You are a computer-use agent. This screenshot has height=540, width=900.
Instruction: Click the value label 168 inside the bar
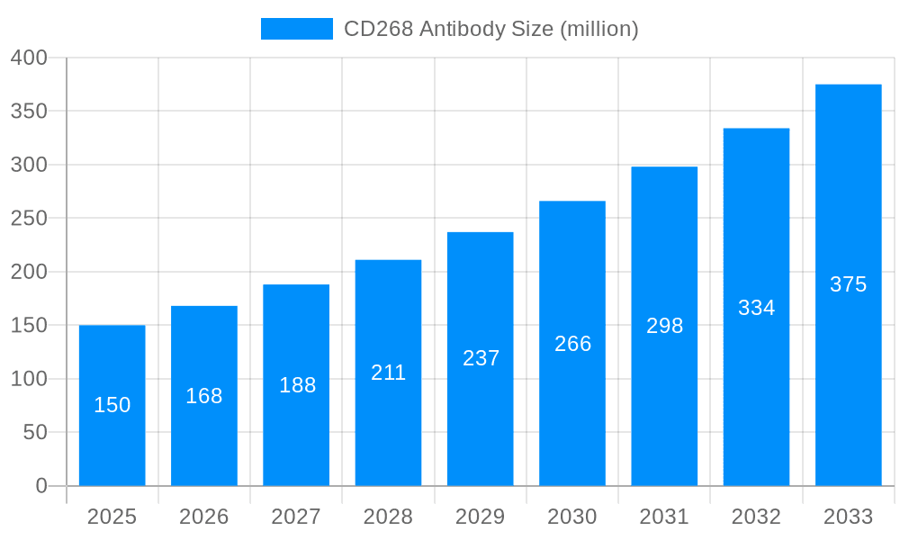pos(204,396)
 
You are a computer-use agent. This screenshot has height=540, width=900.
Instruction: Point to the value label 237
pos(481,358)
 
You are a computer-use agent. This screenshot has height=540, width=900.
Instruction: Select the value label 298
pos(664,326)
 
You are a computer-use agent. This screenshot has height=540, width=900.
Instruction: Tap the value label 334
pos(756,308)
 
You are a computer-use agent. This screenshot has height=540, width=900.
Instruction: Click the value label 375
pos(848,284)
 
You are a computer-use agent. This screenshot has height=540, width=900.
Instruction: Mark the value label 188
pos(297,385)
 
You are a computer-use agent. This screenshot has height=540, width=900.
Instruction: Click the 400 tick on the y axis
pos(29,58)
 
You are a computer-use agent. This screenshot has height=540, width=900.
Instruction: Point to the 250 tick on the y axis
pos(29,219)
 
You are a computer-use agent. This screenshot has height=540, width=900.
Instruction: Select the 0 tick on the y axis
pos(41,486)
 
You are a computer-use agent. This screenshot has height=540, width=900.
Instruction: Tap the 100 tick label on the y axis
pos(29,379)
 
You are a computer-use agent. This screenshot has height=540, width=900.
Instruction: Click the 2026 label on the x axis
pos(204,517)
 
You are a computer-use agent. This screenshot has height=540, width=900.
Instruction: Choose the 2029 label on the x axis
pos(481,517)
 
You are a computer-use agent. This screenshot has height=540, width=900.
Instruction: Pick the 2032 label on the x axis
pos(756,517)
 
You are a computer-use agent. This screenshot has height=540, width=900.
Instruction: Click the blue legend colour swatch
pos(297,29)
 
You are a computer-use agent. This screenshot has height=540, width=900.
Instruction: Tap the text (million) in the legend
pos(599,29)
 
